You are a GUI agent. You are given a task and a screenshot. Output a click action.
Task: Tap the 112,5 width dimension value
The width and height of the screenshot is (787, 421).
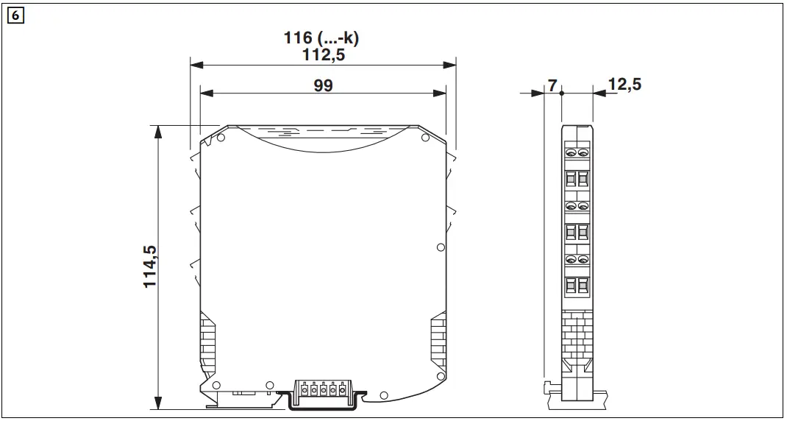point(324,54)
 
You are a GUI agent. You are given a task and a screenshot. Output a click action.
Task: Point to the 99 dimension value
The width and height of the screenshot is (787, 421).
point(324,85)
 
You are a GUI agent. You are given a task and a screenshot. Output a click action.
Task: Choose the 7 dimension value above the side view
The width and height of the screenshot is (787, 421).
point(552,85)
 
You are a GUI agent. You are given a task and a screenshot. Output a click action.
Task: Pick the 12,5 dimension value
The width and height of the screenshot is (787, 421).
point(624,85)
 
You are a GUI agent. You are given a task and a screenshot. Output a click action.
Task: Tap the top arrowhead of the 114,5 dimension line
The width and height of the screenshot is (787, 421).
point(157,131)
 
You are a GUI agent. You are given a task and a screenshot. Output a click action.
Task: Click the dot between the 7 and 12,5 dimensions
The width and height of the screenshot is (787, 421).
point(561,93)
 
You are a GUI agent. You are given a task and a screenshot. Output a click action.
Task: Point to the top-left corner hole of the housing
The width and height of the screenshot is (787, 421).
point(221,136)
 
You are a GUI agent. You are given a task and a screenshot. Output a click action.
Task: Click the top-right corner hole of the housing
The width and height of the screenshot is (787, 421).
point(424,138)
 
